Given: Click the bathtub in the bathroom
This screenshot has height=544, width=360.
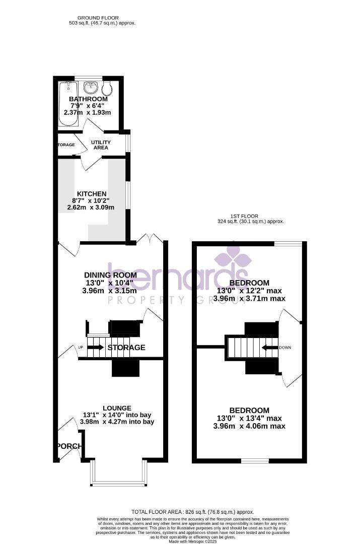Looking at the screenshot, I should point(66,104).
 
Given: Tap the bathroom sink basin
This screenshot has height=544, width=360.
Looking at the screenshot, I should point(91,87).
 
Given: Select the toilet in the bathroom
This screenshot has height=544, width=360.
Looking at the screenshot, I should point(107,89).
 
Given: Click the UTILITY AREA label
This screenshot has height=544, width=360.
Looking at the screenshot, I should point(100,145).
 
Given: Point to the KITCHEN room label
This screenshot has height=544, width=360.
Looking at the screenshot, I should point(91,194).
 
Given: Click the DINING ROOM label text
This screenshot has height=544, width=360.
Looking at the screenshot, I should point(110,275).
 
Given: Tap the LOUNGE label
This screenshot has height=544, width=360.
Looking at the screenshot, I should point(117,408).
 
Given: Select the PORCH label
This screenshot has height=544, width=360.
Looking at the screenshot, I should point(67,446).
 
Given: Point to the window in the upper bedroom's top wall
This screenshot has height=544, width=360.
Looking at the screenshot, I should point(289,244).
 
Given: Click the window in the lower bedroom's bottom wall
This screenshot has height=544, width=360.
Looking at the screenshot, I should point(255,460).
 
